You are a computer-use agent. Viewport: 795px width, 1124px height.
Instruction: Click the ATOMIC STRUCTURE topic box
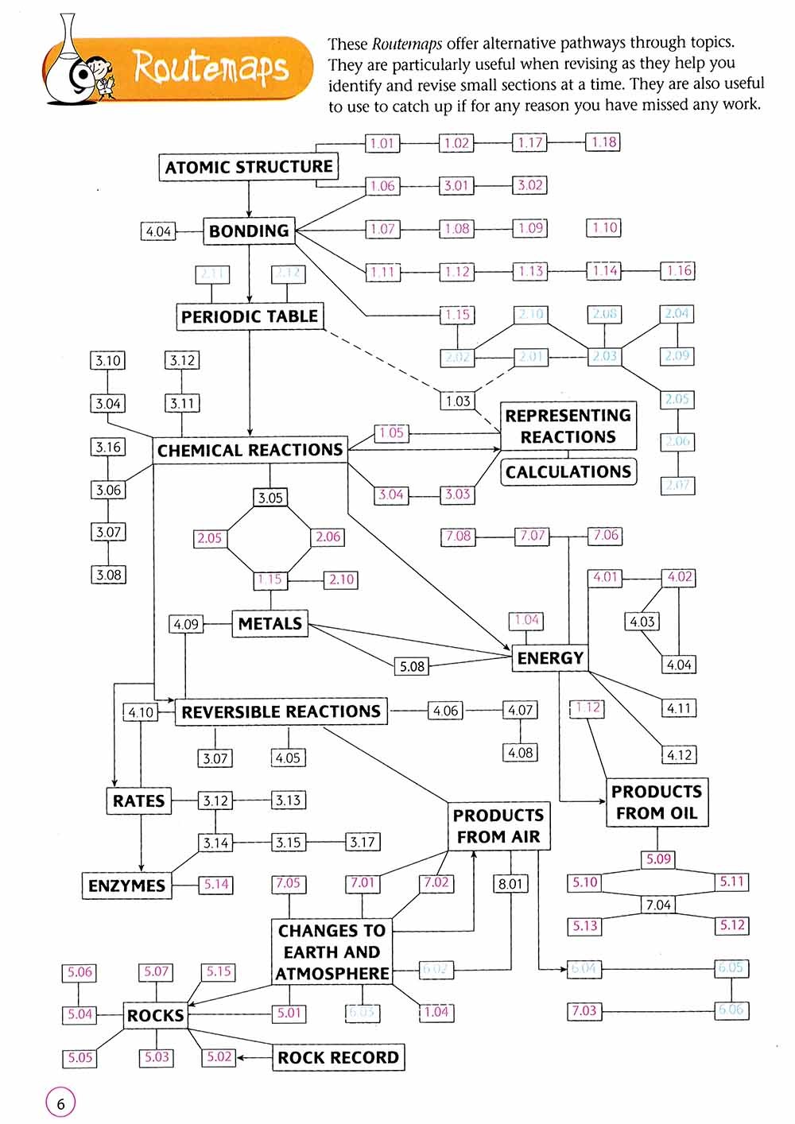pyautogui.click(x=249, y=167)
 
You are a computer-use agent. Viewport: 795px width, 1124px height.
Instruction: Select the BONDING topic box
pyautogui.click(x=249, y=231)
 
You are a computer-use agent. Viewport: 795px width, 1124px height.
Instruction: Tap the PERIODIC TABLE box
pyautogui.click(x=250, y=316)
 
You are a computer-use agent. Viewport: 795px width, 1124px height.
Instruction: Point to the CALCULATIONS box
pyautogui.click(x=568, y=471)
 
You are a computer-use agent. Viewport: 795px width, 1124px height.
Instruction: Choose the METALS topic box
pyautogui.click(x=270, y=624)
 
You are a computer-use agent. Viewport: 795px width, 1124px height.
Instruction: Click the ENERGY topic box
pyautogui.click(x=550, y=658)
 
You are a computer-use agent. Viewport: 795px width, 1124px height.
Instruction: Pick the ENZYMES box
pyautogui.click(x=126, y=886)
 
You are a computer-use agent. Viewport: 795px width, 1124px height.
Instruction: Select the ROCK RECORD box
pyautogui.click(x=338, y=1057)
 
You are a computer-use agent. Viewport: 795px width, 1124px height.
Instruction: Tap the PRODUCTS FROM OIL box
pyautogui.click(x=657, y=802)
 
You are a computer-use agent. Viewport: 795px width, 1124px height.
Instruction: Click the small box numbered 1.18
pyautogui.click(x=604, y=142)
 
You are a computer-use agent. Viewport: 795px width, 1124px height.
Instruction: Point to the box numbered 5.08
pyautogui.click(x=412, y=666)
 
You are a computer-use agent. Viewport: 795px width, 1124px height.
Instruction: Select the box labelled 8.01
pyautogui.click(x=510, y=883)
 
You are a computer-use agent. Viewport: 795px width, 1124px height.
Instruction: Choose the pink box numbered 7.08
pyautogui.click(x=458, y=537)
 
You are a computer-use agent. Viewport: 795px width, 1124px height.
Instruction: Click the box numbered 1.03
pyautogui.click(x=458, y=401)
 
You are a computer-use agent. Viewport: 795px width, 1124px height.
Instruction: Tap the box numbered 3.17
pyautogui.click(x=363, y=842)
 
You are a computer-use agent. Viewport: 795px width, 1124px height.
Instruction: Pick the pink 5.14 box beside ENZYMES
pyautogui.click(x=216, y=884)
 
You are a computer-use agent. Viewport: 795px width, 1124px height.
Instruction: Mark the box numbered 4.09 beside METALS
pyautogui.click(x=186, y=624)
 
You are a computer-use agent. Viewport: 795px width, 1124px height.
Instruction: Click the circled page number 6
pyautogui.click(x=60, y=1103)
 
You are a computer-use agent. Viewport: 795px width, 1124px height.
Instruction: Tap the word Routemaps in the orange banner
pyautogui.click(x=210, y=67)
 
